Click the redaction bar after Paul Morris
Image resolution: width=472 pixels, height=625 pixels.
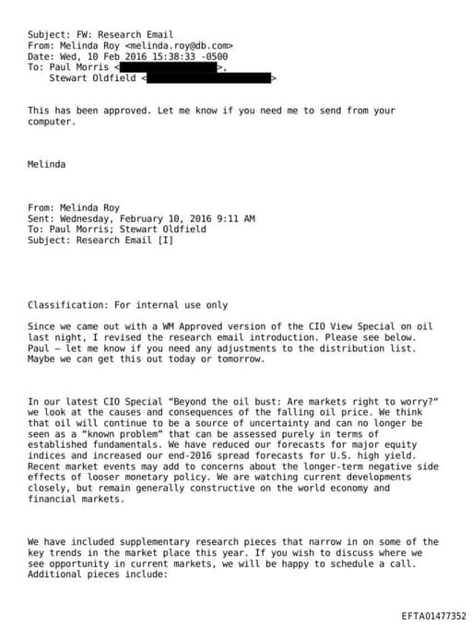171,67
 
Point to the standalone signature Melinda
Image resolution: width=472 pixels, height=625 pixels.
47,164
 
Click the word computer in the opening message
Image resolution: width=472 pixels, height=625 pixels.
50,122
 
